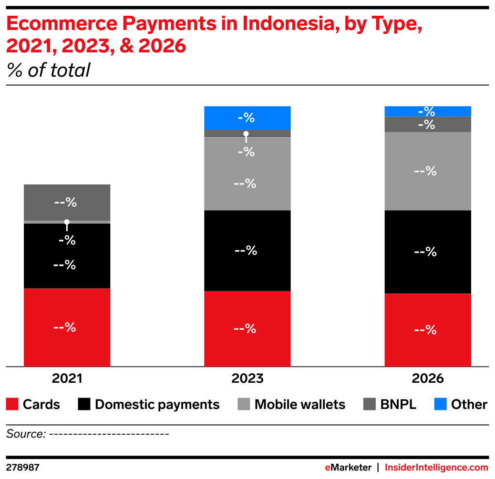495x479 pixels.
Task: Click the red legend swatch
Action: tap(12, 404)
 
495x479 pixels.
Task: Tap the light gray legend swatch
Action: tap(244, 404)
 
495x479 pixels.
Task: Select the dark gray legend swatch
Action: tap(369, 404)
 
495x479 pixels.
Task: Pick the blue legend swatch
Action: tap(440, 404)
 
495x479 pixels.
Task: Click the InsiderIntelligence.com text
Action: tap(436, 468)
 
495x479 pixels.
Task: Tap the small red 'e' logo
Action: tap(328, 468)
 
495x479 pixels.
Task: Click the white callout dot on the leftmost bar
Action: tap(67, 222)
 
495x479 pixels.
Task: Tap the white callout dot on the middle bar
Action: tap(246, 134)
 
